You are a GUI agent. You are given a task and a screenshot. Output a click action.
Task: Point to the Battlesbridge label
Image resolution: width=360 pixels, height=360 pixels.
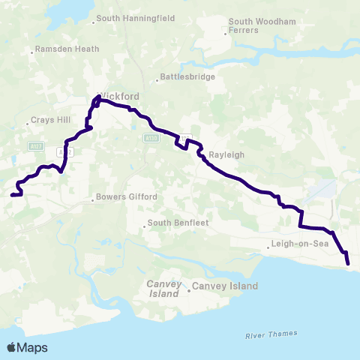tap(189, 76)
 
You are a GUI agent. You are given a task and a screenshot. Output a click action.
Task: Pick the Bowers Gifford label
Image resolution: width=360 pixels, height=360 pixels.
tap(127, 198)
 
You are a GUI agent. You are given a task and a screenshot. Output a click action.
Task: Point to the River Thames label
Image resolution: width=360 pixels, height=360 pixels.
tap(271, 334)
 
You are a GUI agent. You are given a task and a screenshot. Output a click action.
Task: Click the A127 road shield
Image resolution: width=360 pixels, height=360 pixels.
tap(35, 145)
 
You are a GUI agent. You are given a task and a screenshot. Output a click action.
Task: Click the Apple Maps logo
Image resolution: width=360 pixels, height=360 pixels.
tap(27, 347)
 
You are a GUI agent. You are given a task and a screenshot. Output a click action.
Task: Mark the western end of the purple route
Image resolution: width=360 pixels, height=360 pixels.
tap(11, 195)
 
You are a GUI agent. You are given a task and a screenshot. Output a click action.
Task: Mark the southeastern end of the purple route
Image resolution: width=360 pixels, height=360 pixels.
tap(349, 263)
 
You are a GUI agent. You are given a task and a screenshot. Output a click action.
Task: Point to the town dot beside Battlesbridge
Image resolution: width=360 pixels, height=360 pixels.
tap(157, 77)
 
